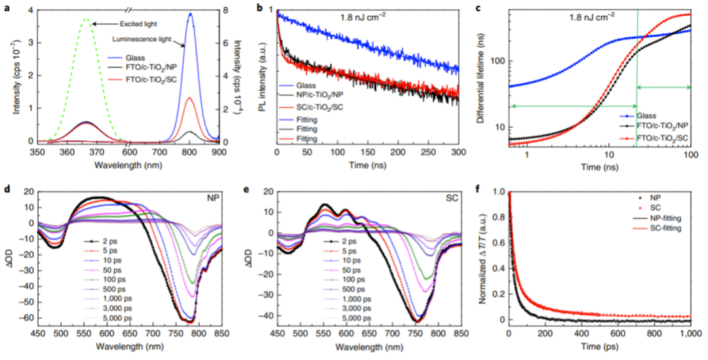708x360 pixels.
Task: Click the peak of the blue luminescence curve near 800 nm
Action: tap(190, 14)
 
